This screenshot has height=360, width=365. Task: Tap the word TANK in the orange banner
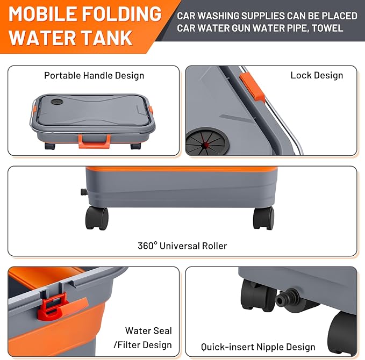coord(107,38)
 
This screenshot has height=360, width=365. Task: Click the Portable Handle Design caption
coord(94,76)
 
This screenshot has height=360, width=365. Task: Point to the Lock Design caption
coord(317,75)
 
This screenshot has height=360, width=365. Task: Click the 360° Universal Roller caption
coord(182,246)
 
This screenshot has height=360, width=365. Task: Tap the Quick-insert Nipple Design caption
coord(258,347)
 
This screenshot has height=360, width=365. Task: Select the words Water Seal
coord(148,330)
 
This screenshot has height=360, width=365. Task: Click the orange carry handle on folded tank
coord(94,141)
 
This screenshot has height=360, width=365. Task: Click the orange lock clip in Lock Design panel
coord(252,87)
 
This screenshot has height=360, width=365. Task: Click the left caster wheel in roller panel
coord(97,218)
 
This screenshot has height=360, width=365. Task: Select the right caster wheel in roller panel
coord(263,218)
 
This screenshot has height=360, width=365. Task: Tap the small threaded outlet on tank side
coord(84,192)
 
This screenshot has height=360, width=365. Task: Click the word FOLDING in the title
coord(122,14)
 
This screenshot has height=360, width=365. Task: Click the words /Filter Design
coord(142,345)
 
